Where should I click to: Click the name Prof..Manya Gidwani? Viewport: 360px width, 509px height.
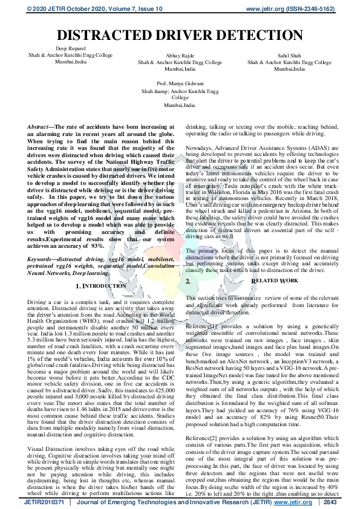(x=180, y=82)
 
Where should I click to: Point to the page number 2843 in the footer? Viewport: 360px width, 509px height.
(x=330, y=501)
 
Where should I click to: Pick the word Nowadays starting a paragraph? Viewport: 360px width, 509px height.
(x=200, y=148)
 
